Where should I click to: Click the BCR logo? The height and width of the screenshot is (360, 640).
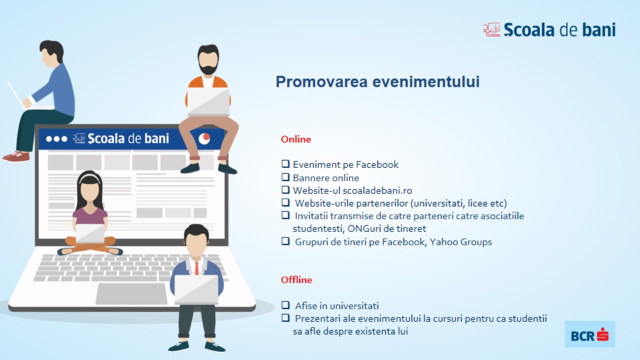pos(590,334)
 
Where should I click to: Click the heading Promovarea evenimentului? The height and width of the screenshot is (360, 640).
pos(377,81)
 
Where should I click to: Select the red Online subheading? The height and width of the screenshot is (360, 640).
pos(296,139)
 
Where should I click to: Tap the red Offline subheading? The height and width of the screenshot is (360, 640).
pos(296,279)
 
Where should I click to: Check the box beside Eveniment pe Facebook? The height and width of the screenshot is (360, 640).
pos(285,164)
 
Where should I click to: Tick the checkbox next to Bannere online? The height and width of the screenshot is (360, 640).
pos(285,177)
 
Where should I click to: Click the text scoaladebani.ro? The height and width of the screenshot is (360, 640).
pos(377,191)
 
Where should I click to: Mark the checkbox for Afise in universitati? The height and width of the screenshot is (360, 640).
pos(285,305)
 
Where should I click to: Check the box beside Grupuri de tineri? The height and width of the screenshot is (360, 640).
pos(285,241)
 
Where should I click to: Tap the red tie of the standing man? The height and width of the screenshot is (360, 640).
pos(197,267)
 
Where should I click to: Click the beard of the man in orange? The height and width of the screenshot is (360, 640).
pos(208,68)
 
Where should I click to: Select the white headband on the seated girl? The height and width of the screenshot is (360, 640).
pos(89,177)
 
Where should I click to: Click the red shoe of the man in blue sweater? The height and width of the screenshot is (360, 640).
pos(16,156)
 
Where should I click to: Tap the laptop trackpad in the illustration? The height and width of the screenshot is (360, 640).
pos(131,293)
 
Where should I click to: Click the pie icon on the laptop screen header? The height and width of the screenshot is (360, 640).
pos(204,139)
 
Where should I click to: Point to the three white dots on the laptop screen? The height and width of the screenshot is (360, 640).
pos(56,139)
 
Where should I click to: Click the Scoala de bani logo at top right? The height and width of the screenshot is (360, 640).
pos(549,30)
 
